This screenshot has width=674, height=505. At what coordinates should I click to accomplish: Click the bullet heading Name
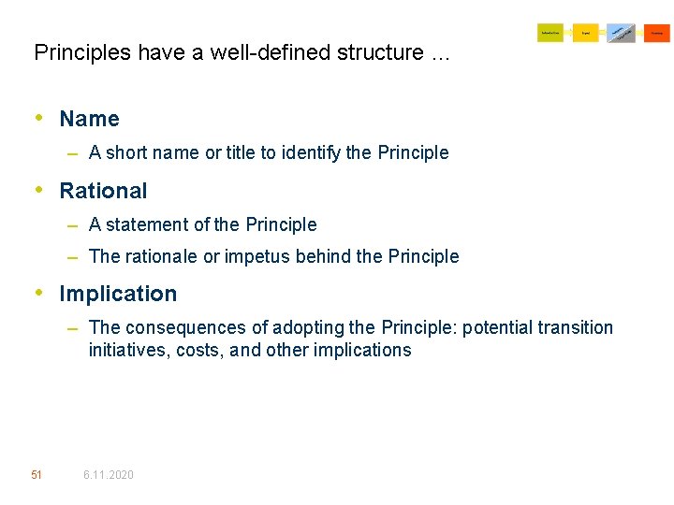pos(89,119)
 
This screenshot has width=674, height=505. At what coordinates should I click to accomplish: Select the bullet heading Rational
pos(103,191)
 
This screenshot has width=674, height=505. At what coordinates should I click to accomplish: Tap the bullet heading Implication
pos(118,294)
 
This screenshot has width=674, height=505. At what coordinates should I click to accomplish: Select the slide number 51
pos(37,475)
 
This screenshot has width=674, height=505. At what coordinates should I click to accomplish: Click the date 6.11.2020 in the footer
pos(108,475)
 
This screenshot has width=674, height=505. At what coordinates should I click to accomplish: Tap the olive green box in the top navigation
pos(550,33)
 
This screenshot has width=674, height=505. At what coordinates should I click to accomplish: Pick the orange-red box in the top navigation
pos(656,33)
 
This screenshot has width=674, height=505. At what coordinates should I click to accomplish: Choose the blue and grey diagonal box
pos(621,33)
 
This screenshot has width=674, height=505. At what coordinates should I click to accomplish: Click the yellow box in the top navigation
pos(585,33)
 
